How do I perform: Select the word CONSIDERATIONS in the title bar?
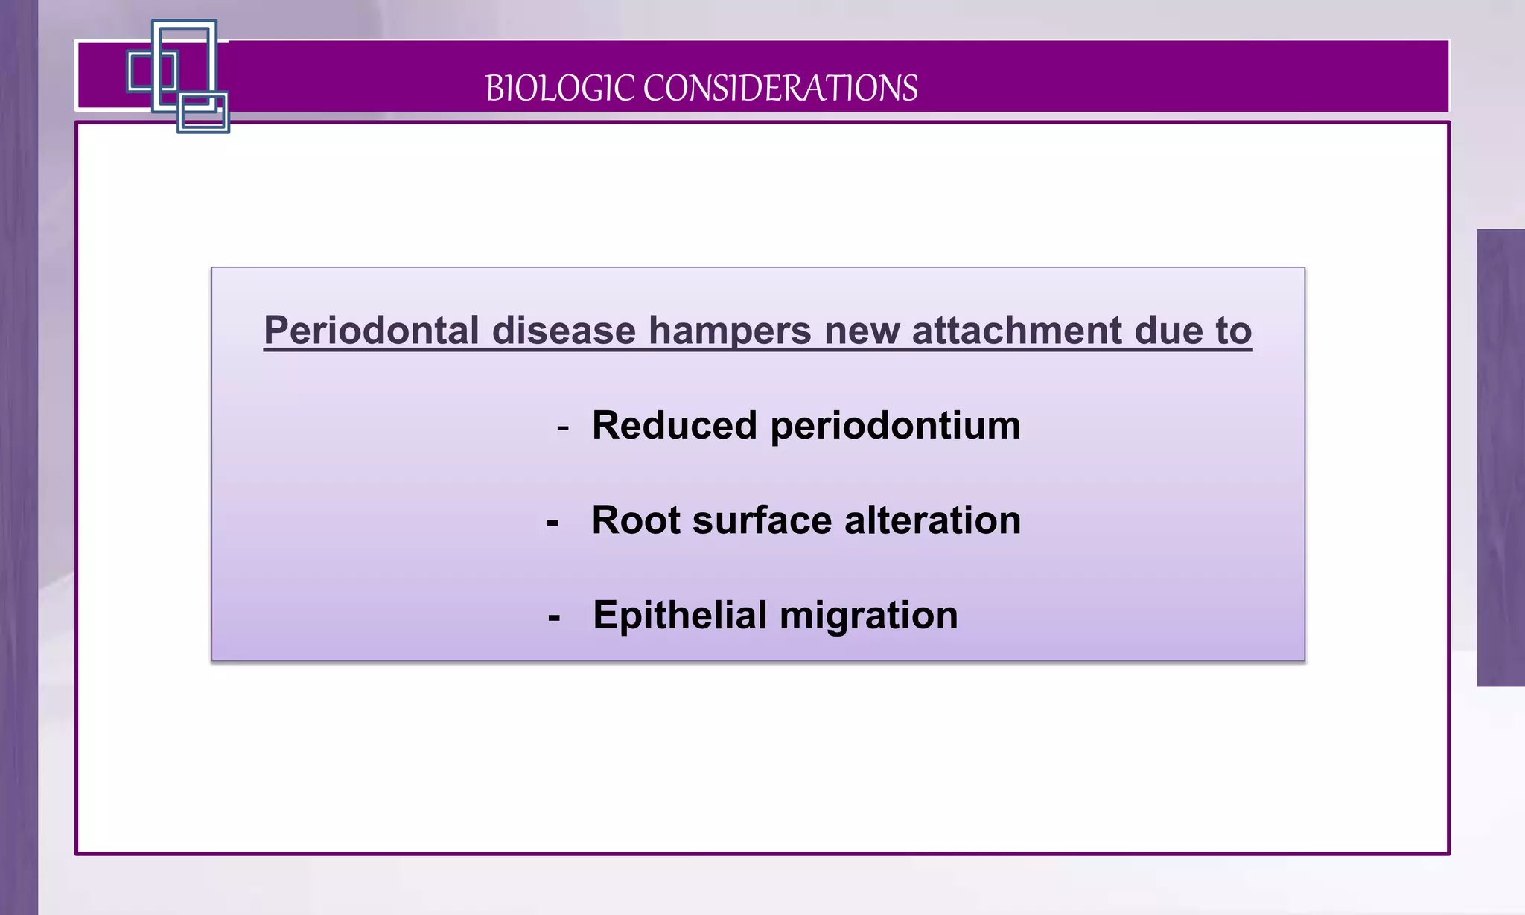pyautogui.click(x=780, y=89)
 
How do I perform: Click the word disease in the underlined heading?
pyautogui.click(x=564, y=331)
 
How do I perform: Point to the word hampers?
pyautogui.click(x=730, y=331)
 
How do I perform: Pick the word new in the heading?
pyautogui.click(x=862, y=331)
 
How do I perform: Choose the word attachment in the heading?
pyautogui.click(x=1016, y=331)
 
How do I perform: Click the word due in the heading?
pyautogui.click(x=1168, y=331)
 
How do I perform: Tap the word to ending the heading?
pyautogui.click(x=1234, y=331)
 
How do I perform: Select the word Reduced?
pyautogui.click(x=674, y=426)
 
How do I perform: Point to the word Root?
pyautogui.click(x=636, y=520)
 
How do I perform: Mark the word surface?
pyautogui.click(x=762, y=520)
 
